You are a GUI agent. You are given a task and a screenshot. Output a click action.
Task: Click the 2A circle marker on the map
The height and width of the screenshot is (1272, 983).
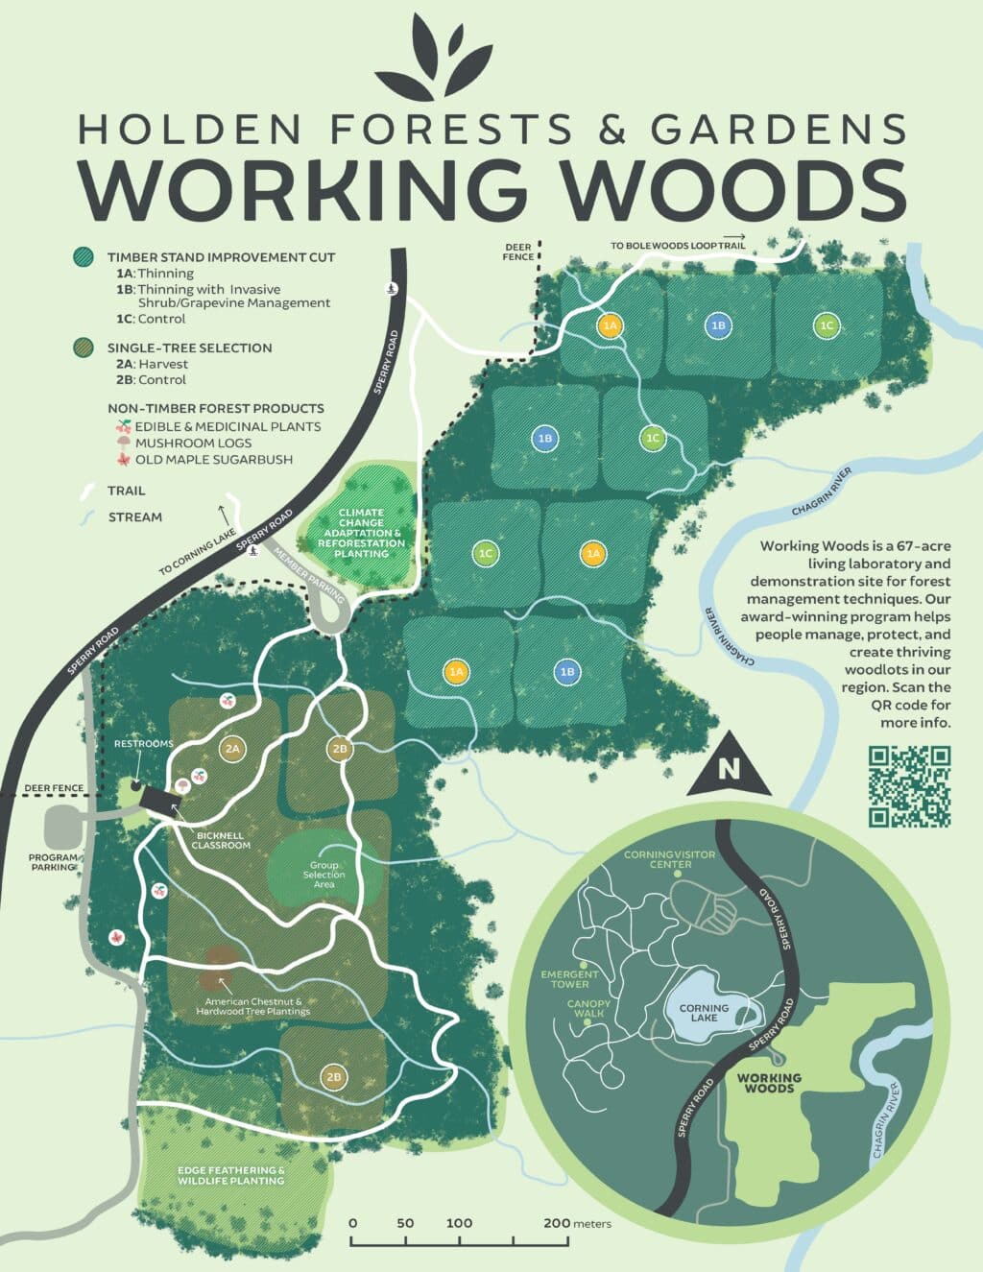tap(231, 748)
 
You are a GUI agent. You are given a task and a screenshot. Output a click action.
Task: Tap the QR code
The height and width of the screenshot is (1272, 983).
tap(908, 786)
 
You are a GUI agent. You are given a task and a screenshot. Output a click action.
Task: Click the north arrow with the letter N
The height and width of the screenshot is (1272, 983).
tap(730, 768)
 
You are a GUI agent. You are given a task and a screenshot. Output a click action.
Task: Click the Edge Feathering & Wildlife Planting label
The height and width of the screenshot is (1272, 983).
tap(230, 1175)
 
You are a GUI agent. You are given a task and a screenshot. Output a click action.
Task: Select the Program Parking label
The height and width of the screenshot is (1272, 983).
tap(53, 861)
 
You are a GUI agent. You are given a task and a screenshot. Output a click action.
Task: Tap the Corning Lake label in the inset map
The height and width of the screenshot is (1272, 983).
tap(704, 1013)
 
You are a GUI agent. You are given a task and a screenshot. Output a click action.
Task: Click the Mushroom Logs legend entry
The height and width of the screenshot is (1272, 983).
tap(193, 443)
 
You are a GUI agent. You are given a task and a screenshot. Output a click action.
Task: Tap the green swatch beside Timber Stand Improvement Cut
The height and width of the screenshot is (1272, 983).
tap(84, 257)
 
